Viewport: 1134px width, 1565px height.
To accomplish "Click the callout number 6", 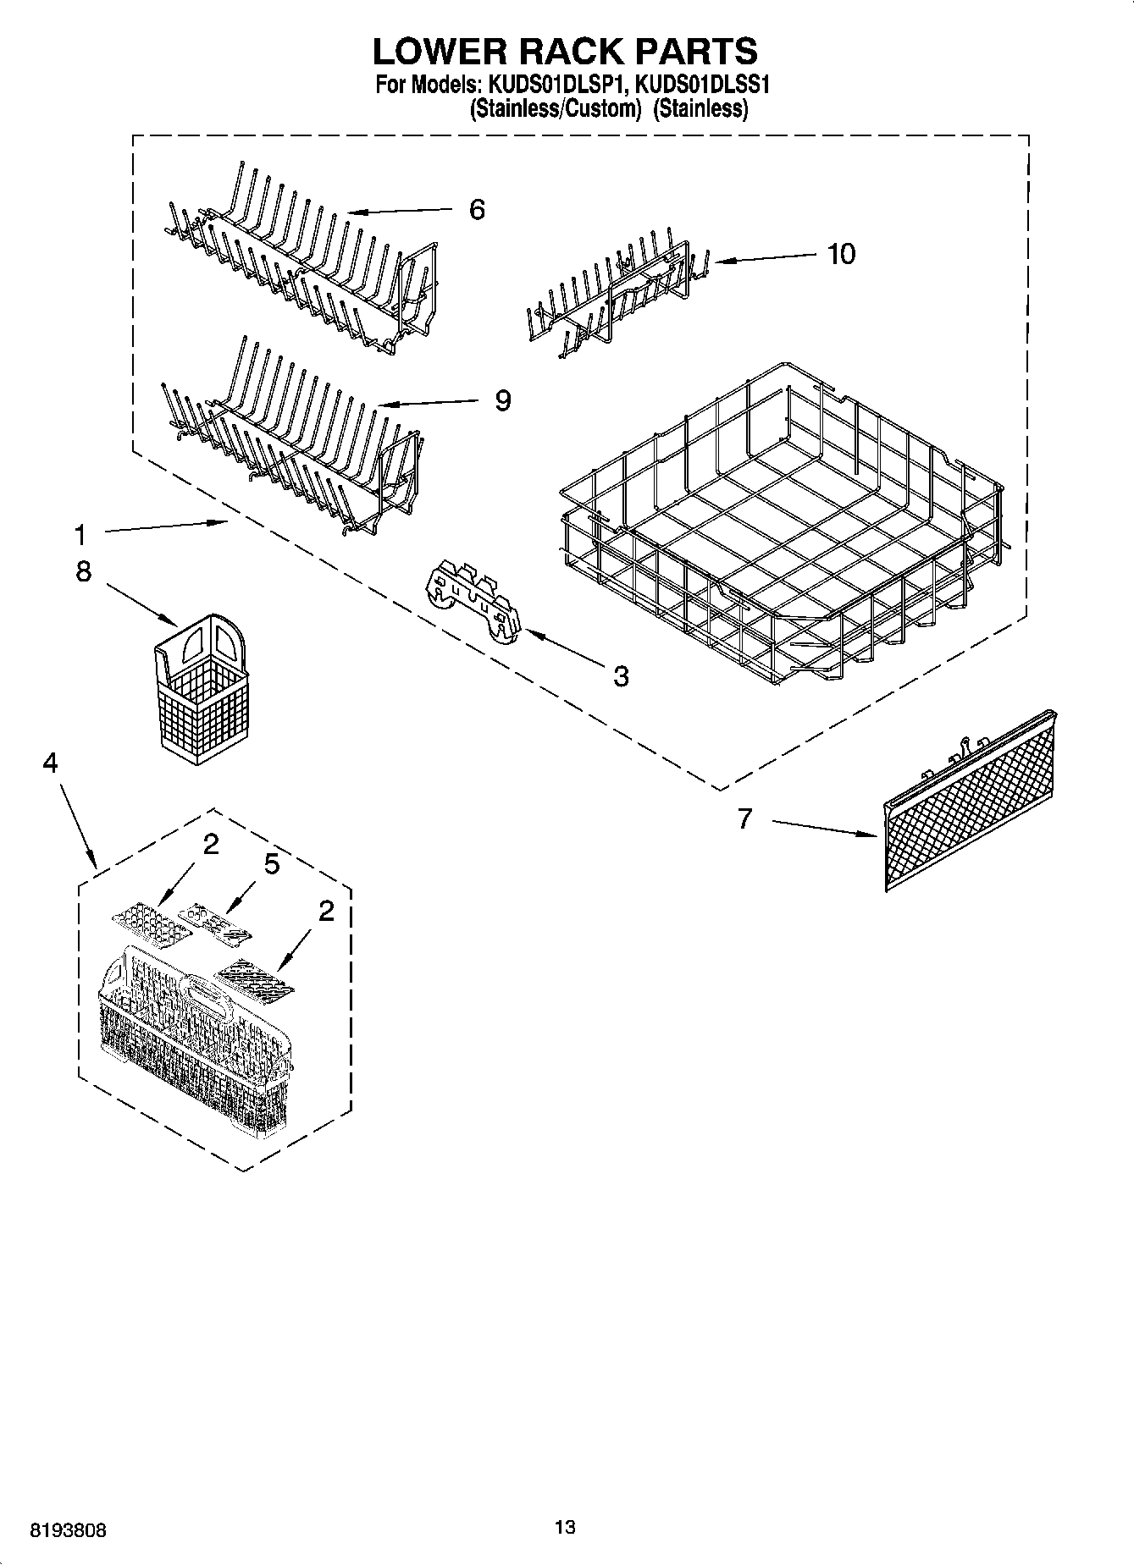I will point(477,210).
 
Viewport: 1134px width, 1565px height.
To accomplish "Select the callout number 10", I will point(841,253).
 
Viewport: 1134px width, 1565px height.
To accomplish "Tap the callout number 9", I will point(503,400).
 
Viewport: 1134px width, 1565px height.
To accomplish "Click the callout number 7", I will point(744,818).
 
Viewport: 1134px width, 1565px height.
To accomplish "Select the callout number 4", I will point(50,763).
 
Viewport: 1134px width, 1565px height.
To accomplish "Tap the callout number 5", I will point(271,864).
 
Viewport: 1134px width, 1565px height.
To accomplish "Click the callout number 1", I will point(80,535).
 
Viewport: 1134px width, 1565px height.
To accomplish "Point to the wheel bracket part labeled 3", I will point(474,603).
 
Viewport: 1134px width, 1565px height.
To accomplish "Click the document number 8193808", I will point(69,1530).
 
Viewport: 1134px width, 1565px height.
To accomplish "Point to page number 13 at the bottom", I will point(565,1527).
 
